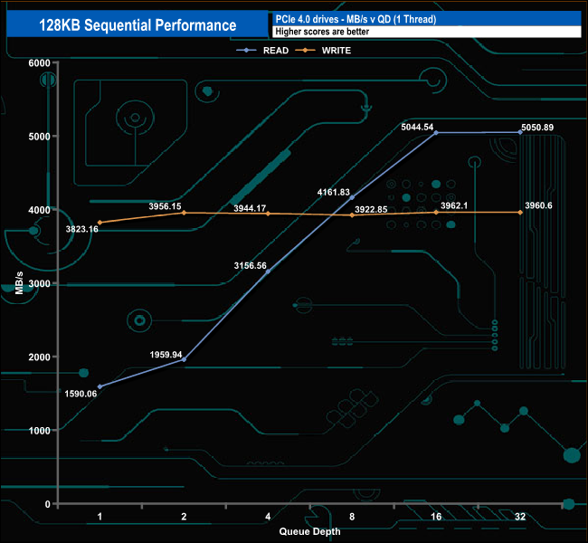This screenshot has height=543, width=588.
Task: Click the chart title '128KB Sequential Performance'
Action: [x=138, y=25]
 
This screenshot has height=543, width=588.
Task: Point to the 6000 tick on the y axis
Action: [x=39, y=62]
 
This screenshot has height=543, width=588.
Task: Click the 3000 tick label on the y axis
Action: [x=39, y=283]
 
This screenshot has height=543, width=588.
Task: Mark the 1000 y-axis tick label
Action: [x=39, y=430]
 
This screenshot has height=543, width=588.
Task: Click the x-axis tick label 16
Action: [x=436, y=517]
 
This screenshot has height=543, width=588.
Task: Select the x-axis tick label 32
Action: [x=520, y=517]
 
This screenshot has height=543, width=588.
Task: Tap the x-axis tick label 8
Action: [x=352, y=517]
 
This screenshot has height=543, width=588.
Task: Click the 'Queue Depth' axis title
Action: [x=309, y=531]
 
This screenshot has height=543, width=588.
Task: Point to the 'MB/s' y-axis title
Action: [x=19, y=284]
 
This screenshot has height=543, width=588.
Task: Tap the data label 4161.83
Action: [x=334, y=192]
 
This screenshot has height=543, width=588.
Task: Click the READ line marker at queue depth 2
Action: [x=185, y=359]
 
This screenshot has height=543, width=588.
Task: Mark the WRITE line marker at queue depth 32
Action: [x=520, y=213]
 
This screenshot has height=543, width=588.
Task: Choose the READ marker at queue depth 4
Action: [x=268, y=271]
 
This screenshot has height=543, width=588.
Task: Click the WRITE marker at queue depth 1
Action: [x=100, y=223]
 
